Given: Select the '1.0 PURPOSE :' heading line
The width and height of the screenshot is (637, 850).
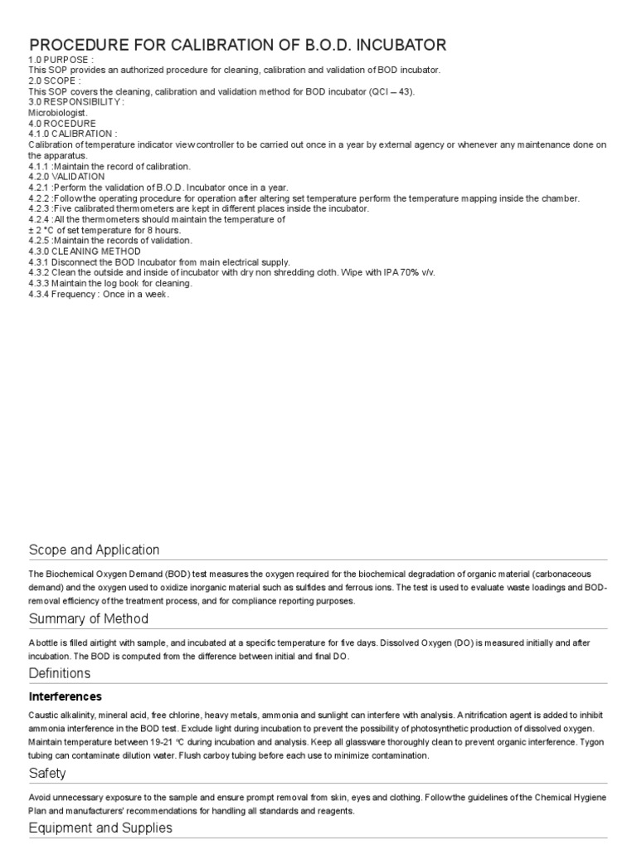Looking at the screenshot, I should coord(61,61).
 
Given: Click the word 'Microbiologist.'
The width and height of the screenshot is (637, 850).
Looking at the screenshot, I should coord(56,112).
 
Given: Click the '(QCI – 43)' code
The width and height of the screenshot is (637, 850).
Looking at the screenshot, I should coord(389,91).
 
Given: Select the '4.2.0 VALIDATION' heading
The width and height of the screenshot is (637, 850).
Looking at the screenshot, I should coord(66,177).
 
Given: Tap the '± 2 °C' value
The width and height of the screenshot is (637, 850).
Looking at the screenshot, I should coord(45,230).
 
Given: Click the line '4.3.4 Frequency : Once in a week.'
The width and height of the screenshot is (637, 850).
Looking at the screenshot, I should coord(99,294).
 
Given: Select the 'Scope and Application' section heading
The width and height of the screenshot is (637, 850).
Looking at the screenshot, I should coord(94,550).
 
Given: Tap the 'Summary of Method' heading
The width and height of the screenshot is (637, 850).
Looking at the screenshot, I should coord(89,618).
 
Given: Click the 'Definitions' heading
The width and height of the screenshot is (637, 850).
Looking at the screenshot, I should coord(60,672).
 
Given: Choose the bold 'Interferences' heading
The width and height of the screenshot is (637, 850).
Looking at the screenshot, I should coord(66,696).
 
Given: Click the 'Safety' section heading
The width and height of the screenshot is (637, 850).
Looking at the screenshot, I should coord(47,774).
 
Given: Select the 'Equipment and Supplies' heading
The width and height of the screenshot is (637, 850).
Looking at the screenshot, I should coord(100,828).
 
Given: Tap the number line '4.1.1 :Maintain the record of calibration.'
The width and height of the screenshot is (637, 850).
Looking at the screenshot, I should coord(109,166).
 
